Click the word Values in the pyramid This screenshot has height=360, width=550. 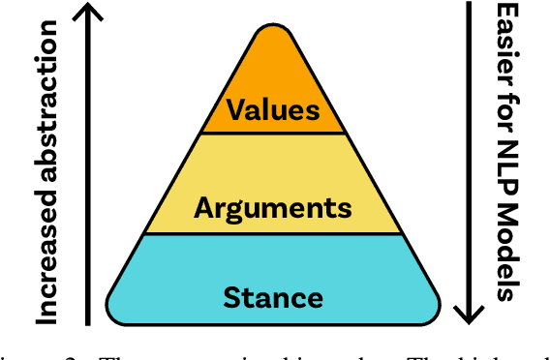point(272,109)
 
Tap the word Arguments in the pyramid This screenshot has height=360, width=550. point(272,206)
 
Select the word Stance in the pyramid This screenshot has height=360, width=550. point(272,296)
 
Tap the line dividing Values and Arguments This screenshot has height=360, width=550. point(272,133)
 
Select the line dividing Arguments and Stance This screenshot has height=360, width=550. point(272,233)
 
